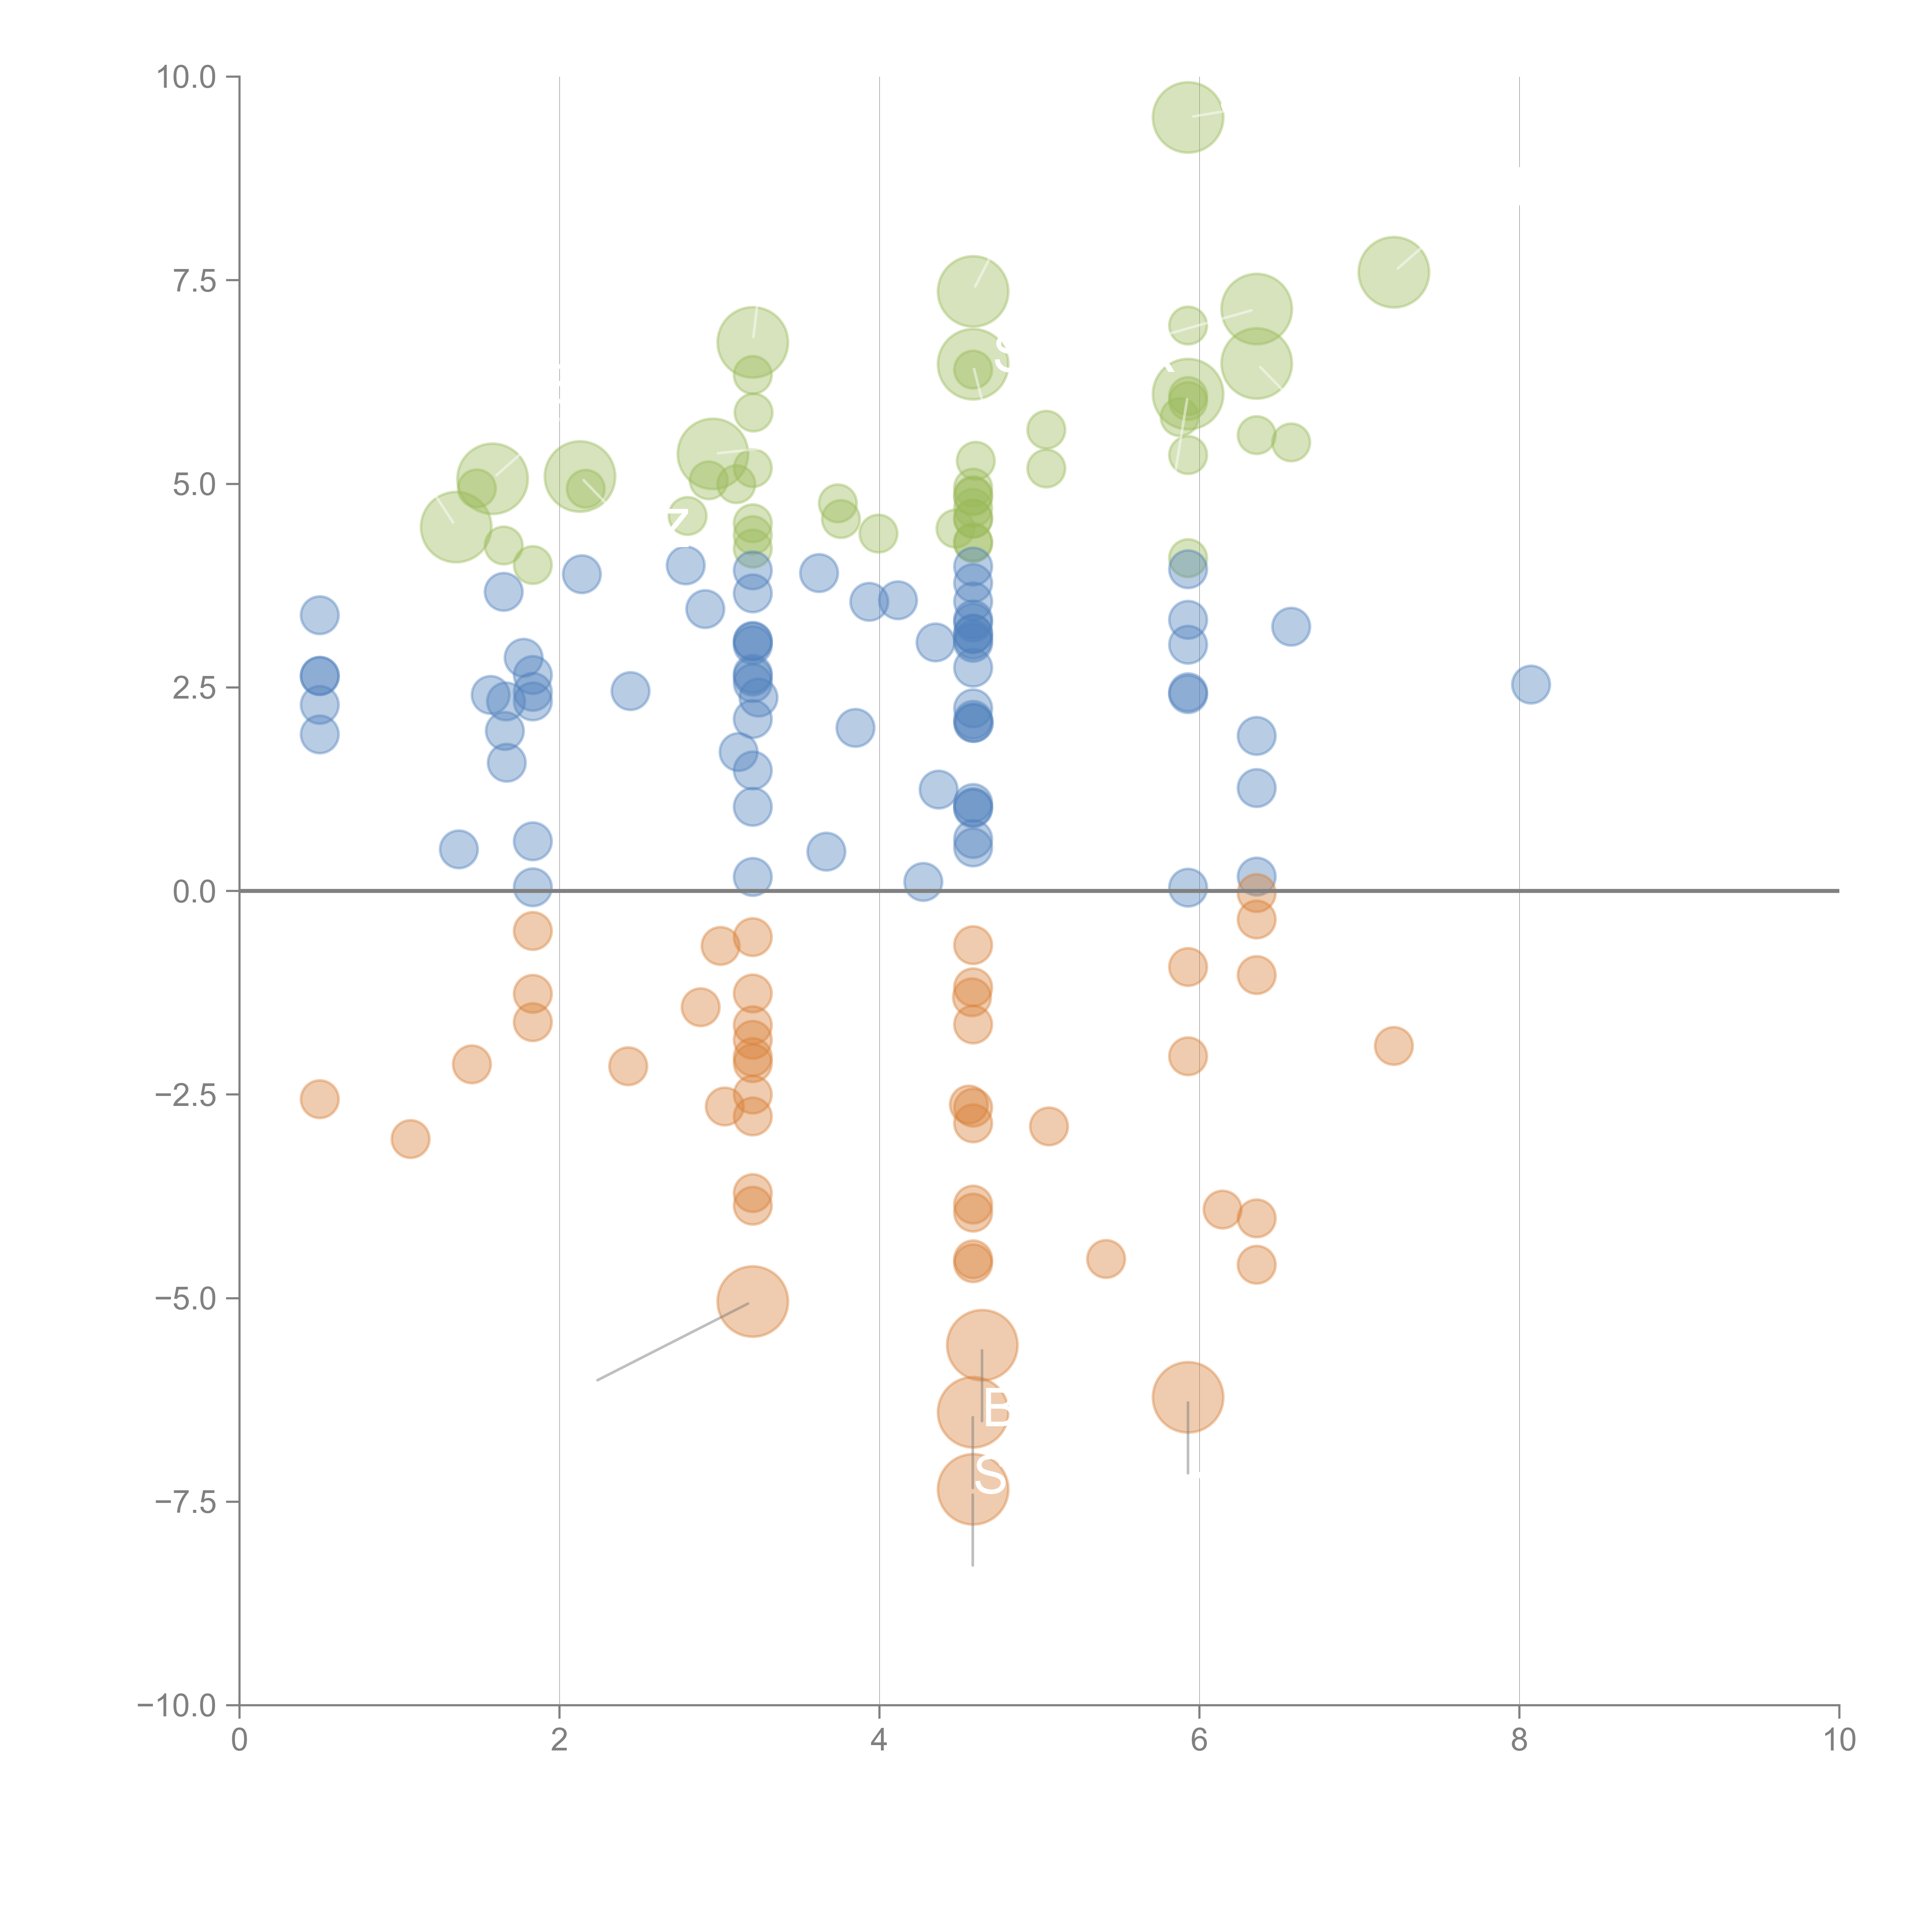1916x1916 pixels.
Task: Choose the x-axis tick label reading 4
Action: (x=879, y=1740)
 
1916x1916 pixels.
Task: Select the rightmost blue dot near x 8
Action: (x=1530, y=684)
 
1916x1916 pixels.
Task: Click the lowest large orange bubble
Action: (x=972, y=1489)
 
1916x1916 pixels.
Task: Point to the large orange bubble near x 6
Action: (x=1187, y=1396)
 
